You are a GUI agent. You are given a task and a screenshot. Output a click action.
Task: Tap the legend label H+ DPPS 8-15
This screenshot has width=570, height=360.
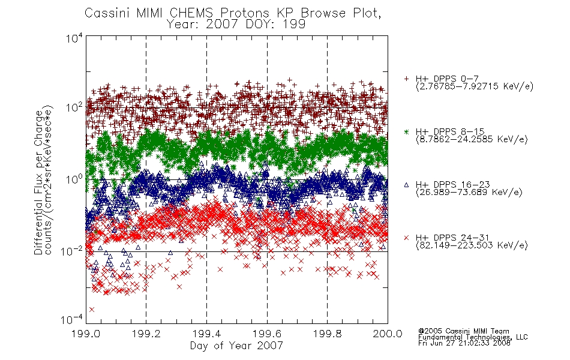coord(449,131)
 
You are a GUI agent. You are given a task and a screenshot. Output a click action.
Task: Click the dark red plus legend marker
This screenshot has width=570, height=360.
coord(406,79)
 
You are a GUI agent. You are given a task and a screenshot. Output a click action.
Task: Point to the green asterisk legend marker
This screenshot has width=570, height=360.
coord(406,131)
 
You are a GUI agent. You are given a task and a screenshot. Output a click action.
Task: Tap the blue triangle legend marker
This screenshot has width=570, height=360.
coord(406,185)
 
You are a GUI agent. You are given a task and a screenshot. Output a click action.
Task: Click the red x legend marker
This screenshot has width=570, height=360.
coord(406,238)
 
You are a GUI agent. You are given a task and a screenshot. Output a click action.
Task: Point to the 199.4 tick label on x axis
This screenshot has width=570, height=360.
coord(206,334)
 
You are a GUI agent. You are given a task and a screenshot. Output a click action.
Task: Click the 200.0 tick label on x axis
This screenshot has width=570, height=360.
coord(388,334)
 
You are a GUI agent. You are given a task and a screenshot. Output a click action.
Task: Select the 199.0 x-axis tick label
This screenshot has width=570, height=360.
coord(86,334)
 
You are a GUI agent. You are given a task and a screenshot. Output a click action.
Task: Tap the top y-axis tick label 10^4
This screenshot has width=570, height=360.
coord(74,38)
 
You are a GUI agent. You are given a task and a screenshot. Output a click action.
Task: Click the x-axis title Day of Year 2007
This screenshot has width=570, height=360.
coord(236,346)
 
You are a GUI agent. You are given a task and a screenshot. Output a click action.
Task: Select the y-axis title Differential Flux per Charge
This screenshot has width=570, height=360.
coord(38,182)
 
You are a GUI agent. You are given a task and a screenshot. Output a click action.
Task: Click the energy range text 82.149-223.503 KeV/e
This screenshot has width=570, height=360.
coord(472,245)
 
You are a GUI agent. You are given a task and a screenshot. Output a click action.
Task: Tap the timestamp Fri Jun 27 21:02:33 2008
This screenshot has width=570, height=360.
coord(464,343)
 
